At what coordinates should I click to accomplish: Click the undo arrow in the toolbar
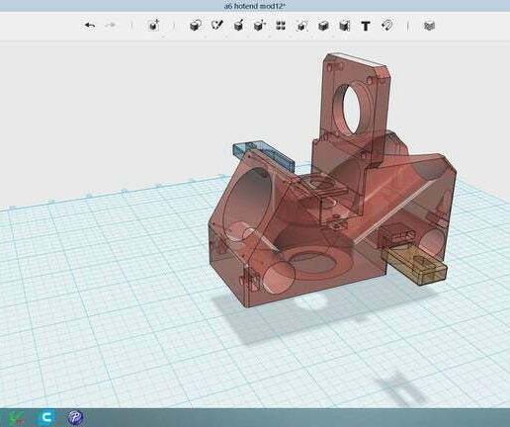point(90,26)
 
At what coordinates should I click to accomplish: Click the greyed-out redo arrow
point(110,26)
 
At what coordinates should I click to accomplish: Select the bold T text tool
point(365,26)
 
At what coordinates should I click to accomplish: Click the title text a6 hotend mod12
point(255,6)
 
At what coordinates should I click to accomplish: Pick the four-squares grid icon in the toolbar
point(280,26)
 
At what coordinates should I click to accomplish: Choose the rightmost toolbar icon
point(428,26)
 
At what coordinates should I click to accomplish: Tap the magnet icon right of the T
point(386,26)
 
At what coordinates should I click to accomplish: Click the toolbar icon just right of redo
point(154,26)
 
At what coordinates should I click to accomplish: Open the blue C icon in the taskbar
point(46,417)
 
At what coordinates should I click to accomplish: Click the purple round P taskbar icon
point(75,417)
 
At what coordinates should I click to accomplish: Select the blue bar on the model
point(262,153)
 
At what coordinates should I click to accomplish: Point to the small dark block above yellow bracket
point(399,235)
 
